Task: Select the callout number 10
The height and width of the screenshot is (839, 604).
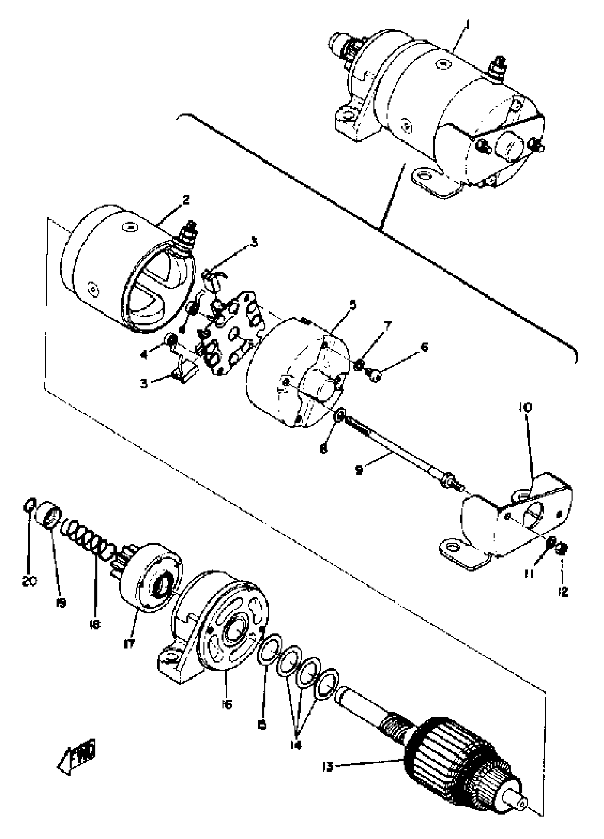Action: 525,407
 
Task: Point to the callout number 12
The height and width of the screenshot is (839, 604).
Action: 563,592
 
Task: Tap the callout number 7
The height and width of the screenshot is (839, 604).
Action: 387,327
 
